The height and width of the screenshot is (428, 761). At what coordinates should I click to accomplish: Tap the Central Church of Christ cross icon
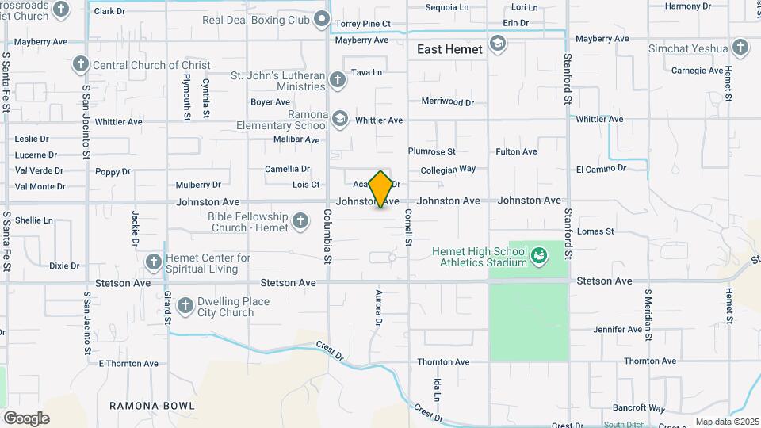pyautogui.click(x=80, y=64)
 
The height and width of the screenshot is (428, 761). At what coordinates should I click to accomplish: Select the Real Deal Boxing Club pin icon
pyautogui.click(x=321, y=18)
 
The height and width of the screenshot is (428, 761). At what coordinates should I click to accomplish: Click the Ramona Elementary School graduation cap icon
pyautogui.click(x=340, y=119)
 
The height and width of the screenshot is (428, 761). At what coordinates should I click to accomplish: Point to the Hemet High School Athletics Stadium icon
pyautogui.click(x=539, y=255)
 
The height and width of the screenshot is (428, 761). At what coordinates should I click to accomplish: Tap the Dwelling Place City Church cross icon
pyautogui.click(x=185, y=306)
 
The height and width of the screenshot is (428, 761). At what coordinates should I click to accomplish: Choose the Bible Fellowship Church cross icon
pyautogui.click(x=300, y=221)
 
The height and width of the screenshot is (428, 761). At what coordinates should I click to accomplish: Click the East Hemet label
pyautogui.click(x=449, y=49)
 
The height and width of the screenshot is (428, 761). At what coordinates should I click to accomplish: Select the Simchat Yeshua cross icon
pyautogui.click(x=740, y=48)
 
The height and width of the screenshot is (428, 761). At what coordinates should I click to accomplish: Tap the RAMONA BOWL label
pyautogui.click(x=152, y=406)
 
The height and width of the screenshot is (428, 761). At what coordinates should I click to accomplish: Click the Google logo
pyautogui.click(x=26, y=418)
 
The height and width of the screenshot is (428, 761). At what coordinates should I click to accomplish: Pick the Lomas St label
pyautogui.click(x=595, y=231)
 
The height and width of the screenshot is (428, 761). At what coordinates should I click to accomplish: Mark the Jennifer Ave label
pyautogui.click(x=618, y=329)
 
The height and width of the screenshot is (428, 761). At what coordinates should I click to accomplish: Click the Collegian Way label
pyautogui.click(x=448, y=169)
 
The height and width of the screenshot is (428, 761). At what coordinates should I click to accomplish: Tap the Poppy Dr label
pyautogui.click(x=113, y=171)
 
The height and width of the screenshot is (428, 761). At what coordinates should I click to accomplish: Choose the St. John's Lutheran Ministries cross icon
pyautogui.click(x=338, y=79)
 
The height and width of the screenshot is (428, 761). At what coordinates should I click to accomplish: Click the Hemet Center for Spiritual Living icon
pyautogui.click(x=154, y=262)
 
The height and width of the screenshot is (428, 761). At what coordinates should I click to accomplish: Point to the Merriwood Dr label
pyautogui.click(x=447, y=102)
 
